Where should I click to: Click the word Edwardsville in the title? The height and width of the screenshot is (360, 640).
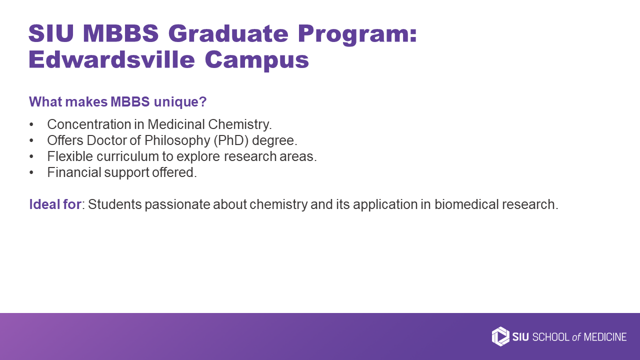[x=111, y=59]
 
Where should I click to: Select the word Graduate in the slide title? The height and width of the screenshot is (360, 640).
[x=228, y=33]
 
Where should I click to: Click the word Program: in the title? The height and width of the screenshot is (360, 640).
[x=357, y=34]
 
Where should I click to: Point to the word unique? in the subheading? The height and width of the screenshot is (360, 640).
[x=180, y=102]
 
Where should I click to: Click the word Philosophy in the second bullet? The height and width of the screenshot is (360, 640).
[x=177, y=141]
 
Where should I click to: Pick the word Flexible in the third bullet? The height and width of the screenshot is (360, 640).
[x=70, y=156]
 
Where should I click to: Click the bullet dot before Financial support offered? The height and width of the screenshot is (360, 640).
[x=31, y=172]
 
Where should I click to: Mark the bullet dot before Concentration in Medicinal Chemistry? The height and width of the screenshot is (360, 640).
[x=31, y=124]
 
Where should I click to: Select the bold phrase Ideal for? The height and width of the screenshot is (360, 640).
[x=55, y=204]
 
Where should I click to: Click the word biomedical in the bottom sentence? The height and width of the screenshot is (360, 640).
[x=466, y=204]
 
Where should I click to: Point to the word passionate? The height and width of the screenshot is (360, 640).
[x=177, y=204]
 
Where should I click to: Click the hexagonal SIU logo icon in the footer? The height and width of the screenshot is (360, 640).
[x=500, y=336]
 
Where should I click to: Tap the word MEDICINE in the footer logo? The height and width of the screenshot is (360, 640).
[x=605, y=337]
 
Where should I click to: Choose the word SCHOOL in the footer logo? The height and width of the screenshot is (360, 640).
[x=551, y=337]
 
